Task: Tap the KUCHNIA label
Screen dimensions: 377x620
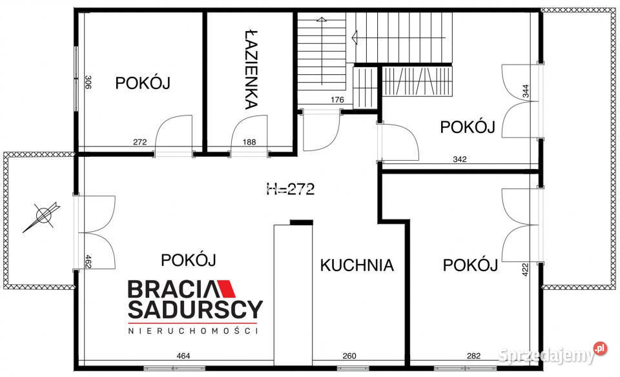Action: coord(356,265)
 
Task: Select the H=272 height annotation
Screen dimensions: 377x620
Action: coord(290,189)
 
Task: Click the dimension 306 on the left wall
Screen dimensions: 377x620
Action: coord(88,83)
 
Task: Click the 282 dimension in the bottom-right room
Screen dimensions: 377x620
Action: coord(473,355)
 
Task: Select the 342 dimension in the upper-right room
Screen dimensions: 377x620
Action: coord(459,159)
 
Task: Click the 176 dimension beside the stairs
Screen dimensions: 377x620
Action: coord(337,100)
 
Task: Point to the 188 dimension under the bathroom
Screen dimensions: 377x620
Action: coord(249,143)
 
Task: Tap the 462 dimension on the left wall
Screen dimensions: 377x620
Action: coord(88,261)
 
